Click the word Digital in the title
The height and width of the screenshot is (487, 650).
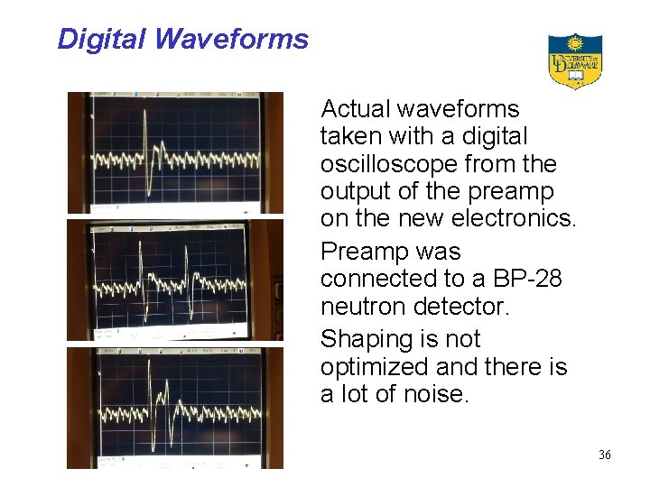pos(102,39)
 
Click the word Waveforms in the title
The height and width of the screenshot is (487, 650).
pos(231,39)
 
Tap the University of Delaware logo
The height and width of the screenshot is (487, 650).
pos(575,61)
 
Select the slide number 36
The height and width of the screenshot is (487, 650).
pos(604,455)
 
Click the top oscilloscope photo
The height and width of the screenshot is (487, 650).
pos(175,152)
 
